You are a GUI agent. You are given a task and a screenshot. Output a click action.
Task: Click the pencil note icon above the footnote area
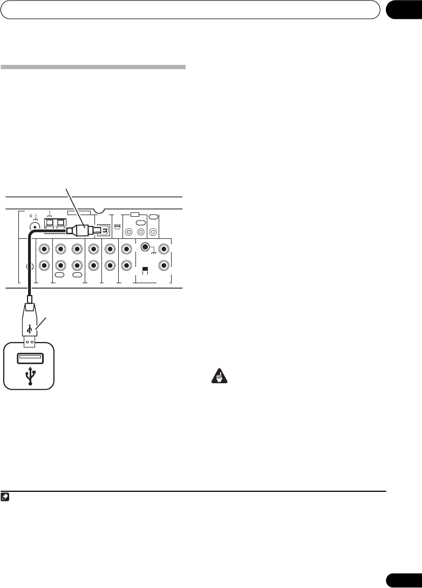pos(5,496)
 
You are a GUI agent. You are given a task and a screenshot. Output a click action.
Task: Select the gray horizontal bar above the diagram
pos(93,68)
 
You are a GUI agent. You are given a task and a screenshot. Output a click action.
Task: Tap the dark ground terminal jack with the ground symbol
pos(144,248)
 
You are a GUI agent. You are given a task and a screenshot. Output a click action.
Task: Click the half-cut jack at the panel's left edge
pos(30,266)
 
